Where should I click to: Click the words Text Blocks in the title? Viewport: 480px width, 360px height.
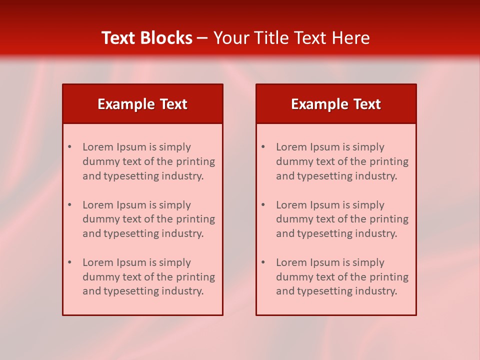pyautogui.click(x=146, y=38)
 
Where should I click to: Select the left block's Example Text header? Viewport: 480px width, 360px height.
pyautogui.click(x=142, y=104)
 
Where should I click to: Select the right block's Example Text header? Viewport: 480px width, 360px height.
pyautogui.click(x=336, y=104)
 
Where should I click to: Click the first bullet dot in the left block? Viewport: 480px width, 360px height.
pyautogui.click(x=70, y=147)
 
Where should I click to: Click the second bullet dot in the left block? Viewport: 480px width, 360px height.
pyautogui.click(x=70, y=205)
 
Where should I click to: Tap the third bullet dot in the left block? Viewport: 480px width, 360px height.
pyautogui.click(x=70, y=262)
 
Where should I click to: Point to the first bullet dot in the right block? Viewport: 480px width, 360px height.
pyautogui.click(x=263, y=147)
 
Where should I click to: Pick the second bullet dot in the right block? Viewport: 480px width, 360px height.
pyautogui.click(x=263, y=205)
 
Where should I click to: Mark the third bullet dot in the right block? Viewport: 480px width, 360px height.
pyautogui.click(x=263, y=262)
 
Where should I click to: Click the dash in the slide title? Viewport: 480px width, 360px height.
pyautogui.click(x=202, y=38)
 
